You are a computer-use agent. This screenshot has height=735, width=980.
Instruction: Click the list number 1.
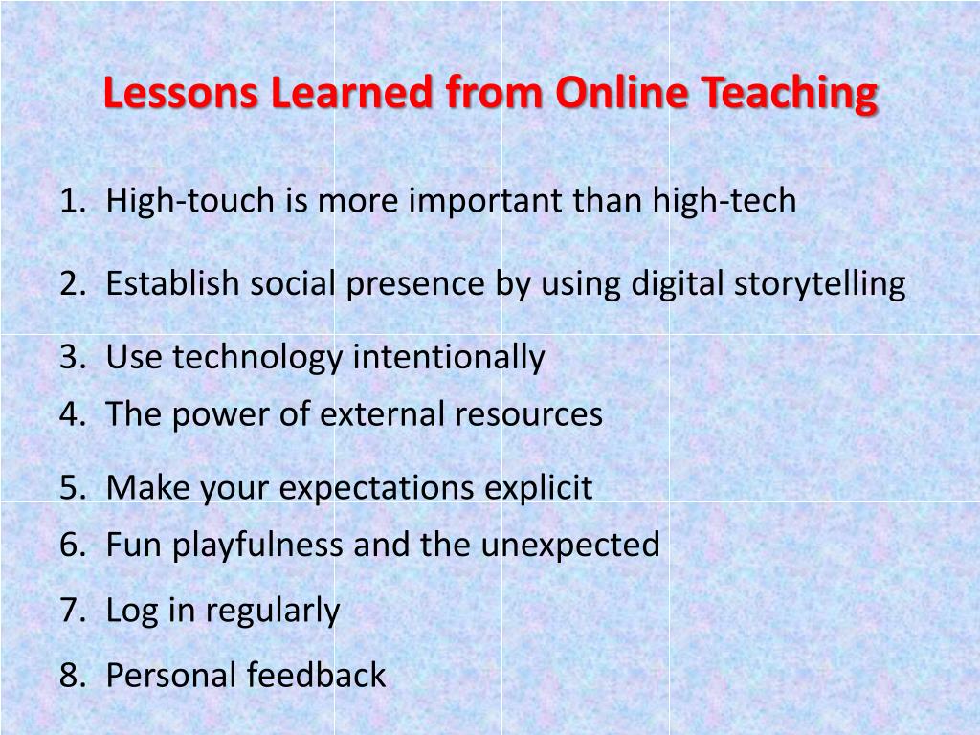pyautogui.click(x=69, y=201)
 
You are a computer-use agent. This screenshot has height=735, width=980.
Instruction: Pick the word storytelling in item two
pyautogui.click(x=819, y=284)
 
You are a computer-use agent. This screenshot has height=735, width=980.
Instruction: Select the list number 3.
pyautogui.click(x=69, y=358)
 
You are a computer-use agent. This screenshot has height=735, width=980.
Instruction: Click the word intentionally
pyautogui.click(x=449, y=358)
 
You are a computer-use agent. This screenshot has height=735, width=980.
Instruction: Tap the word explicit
pyautogui.click(x=538, y=488)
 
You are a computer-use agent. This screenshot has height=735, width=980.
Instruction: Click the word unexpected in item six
pyautogui.click(x=570, y=545)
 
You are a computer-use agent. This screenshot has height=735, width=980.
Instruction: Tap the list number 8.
pyautogui.click(x=69, y=676)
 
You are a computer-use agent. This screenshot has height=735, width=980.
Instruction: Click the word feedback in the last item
pyautogui.click(x=316, y=676)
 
